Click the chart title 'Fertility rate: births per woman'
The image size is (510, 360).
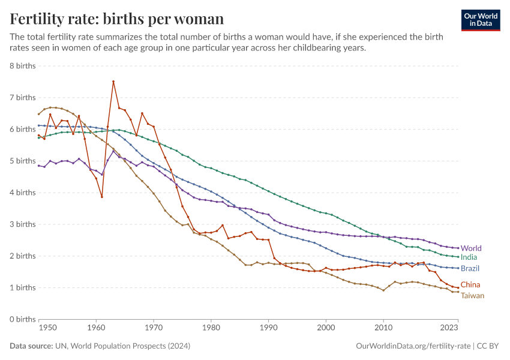coord(117,19)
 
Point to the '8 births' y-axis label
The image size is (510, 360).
coord(23,65)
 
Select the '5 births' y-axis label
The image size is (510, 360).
coord(23,161)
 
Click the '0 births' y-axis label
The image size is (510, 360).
coord(23,319)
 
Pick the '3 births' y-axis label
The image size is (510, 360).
coord(23,224)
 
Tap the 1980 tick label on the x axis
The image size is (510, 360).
coord(211,328)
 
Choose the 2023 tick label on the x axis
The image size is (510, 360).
coord(449,328)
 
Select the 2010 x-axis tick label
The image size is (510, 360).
coord(383,328)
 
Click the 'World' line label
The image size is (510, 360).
coord(471,248)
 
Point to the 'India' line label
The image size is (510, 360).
coord(469,257)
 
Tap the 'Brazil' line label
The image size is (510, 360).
coord(470,268)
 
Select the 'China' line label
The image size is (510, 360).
coord(470,285)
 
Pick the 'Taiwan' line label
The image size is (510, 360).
coord(472,295)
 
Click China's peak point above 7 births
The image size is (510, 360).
coord(113,82)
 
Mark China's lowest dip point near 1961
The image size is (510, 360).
coord(102,196)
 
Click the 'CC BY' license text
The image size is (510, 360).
coord(488,346)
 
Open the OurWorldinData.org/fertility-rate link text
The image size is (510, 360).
coord(412,346)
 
